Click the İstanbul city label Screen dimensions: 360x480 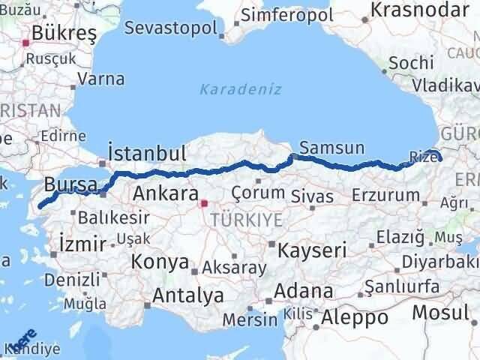(x=147, y=154)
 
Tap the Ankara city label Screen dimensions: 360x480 (x=165, y=193)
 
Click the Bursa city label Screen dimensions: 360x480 (x=70, y=184)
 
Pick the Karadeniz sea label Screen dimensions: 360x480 (x=241, y=90)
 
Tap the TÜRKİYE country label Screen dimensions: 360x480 (x=246, y=219)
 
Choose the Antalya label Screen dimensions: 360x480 (x=187, y=295)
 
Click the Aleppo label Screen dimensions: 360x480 (x=354, y=317)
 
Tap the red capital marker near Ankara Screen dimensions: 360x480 (x=203, y=202)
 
